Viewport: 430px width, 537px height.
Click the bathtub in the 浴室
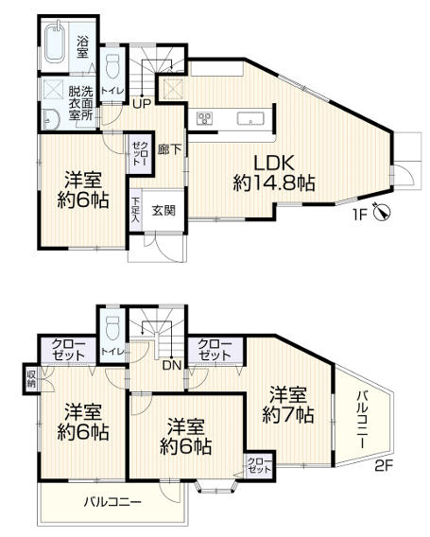53,46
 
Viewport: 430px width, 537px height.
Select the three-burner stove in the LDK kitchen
204,117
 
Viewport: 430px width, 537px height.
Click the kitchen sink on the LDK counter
249,118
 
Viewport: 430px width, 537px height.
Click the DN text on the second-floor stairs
169,363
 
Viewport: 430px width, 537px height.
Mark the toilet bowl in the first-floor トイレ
113,67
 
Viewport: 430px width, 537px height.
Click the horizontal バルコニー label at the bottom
112,501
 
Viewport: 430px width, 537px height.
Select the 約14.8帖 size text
274,182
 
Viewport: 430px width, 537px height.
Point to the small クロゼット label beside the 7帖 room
257,464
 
